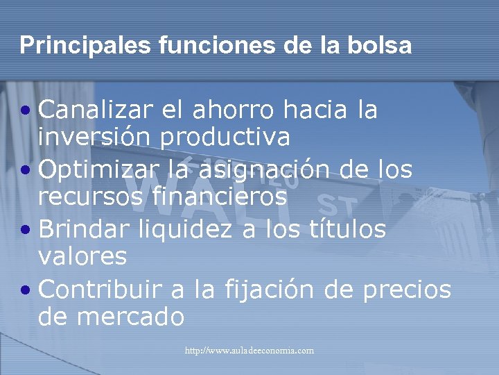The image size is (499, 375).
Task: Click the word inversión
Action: (x=94, y=137)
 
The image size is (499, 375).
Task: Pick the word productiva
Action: (x=225, y=137)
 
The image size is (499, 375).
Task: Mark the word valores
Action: (x=82, y=257)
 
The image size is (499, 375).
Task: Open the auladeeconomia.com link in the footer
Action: (x=249, y=351)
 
